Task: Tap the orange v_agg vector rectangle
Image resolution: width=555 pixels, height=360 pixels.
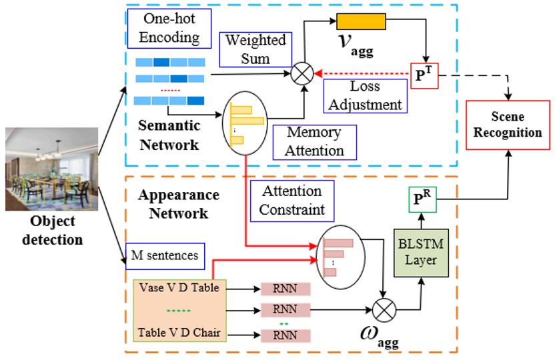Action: (x=361, y=22)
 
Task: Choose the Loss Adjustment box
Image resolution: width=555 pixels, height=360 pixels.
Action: (x=365, y=95)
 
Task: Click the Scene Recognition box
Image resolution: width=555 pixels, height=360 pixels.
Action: (x=508, y=125)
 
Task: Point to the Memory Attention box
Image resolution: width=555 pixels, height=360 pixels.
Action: (x=314, y=141)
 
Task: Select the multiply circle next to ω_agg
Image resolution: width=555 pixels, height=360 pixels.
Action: (x=386, y=309)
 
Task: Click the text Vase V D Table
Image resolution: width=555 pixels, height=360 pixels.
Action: (x=179, y=289)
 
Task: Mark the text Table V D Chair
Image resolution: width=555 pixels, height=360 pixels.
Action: (x=179, y=332)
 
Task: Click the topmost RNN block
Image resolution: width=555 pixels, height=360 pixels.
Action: (x=286, y=289)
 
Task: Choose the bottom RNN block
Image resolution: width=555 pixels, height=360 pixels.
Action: (x=286, y=335)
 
